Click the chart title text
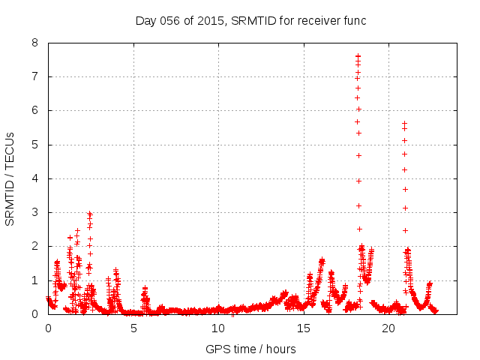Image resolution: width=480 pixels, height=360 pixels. [x=250, y=20]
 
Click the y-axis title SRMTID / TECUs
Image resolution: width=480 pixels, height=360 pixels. [x=10, y=178]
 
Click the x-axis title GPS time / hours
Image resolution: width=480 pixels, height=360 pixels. [x=250, y=349]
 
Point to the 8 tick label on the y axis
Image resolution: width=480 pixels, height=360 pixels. [x=35, y=43]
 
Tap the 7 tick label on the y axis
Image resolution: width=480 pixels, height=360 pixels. [x=35, y=76]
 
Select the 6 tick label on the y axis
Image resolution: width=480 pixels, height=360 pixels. [x=35, y=110]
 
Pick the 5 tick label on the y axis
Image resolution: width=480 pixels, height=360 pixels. [x=35, y=145]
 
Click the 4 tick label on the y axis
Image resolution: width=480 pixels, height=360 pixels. [x=35, y=178]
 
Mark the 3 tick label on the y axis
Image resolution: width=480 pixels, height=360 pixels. [x=35, y=212]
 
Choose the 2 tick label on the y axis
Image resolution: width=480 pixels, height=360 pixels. [x=35, y=246]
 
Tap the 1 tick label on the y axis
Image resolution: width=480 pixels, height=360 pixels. [x=35, y=280]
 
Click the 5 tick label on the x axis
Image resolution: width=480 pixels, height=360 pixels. [x=133, y=328]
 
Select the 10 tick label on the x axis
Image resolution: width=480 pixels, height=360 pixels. [x=218, y=328]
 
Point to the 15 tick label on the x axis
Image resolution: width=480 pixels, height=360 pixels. [x=304, y=328]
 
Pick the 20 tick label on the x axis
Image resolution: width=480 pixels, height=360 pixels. [x=388, y=328]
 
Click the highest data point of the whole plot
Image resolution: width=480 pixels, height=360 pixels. [x=358, y=56]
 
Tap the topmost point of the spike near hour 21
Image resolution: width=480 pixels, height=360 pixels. [x=404, y=123]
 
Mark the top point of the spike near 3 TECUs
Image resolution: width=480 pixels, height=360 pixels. [x=89, y=214]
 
